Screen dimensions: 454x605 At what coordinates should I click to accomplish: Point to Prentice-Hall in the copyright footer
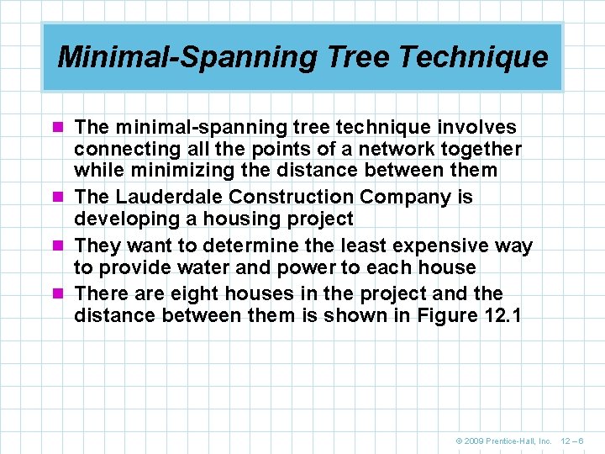[x=515, y=441]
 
